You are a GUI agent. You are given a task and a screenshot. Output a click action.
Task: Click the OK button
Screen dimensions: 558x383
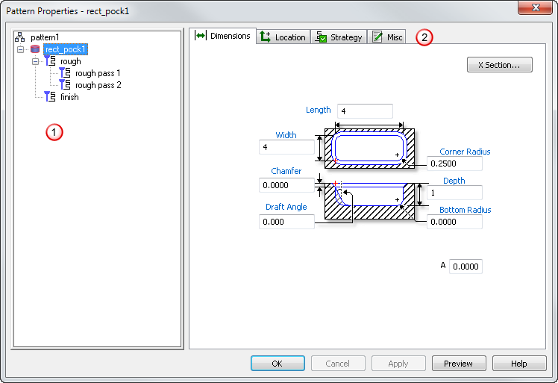pyautogui.click(x=278, y=363)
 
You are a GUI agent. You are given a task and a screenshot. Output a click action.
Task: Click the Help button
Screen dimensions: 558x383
pyautogui.click(x=519, y=363)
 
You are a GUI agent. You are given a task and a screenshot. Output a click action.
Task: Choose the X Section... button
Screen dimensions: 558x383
pyautogui.click(x=499, y=65)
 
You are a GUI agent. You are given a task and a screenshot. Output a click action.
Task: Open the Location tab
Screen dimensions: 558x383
pyautogui.click(x=283, y=37)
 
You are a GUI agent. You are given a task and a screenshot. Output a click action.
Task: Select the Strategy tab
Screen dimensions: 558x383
pyautogui.click(x=339, y=37)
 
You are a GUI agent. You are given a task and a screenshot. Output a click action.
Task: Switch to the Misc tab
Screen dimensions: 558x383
pyautogui.click(x=387, y=37)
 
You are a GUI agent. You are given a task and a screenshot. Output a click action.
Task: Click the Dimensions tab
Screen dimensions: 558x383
pyautogui.click(x=223, y=36)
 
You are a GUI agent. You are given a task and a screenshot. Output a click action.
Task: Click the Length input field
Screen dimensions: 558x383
pyautogui.click(x=365, y=111)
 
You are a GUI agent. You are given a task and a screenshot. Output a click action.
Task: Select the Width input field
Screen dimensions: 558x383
pyautogui.click(x=286, y=147)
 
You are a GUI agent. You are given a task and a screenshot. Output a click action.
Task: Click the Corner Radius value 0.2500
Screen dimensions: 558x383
pyautogui.click(x=454, y=164)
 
